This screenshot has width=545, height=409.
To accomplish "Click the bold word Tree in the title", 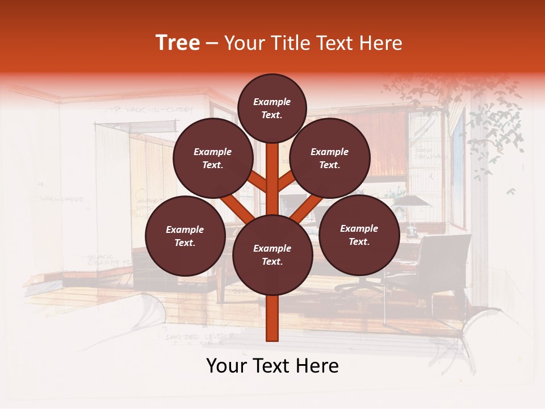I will (x=178, y=43).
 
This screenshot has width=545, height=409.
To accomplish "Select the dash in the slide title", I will (x=212, y=43).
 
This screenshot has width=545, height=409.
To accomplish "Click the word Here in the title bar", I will (x=381, y=43).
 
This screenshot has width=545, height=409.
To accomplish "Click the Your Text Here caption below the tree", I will (x=272, y=366).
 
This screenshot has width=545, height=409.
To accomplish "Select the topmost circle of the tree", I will (x=272, y=108).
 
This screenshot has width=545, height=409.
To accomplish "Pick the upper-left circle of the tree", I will (x=213, y=158).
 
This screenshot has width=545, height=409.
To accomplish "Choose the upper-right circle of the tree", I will (x=330, y=158).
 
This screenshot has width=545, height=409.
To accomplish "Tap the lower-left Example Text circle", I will (x=185, y=236).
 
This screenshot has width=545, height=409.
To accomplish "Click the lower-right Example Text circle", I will (x=359, y=235).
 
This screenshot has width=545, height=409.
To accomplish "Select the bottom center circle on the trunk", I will (x=272, y=255).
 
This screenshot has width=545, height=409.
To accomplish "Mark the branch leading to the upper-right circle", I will (x=287, y=182).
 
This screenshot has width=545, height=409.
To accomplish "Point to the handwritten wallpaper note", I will (x=62, y=199).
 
